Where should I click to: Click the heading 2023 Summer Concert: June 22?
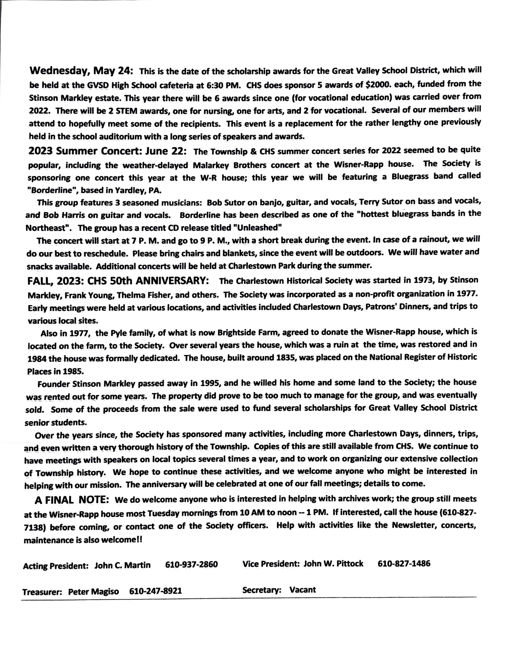click(108, 151)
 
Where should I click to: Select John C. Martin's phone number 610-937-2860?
click(191, 564)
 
